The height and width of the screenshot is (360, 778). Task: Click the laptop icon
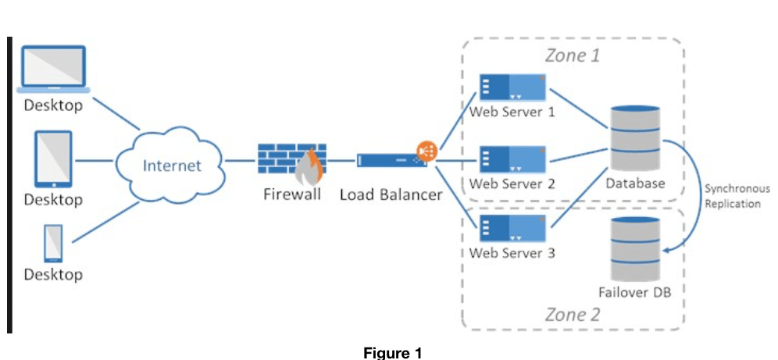[x=53, y=70]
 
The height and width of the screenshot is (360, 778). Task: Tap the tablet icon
[x=53, y=160]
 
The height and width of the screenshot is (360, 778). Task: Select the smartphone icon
[x=53, y=243]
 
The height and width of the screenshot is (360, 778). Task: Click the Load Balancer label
[x=391, y=194]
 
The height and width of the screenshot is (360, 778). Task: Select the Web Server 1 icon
[x=512, y=88]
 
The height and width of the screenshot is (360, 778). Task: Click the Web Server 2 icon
[x=512, y=160]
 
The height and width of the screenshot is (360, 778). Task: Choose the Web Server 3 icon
[x=512, y=229]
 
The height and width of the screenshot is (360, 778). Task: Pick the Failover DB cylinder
[x=634, y=250]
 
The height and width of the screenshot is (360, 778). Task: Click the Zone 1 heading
[x=572, y=55]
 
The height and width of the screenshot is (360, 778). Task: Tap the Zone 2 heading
[x=572, y=315]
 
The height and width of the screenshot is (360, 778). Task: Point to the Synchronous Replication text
[x=737, y=196]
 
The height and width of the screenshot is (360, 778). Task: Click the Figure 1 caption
[x=393, y=352]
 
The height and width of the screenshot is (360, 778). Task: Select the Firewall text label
[x=291, y=194]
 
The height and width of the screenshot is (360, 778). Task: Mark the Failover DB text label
[x=634, y=293]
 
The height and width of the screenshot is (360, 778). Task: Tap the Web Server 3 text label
[x=512, y=253]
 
